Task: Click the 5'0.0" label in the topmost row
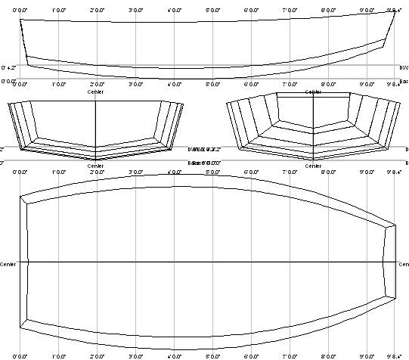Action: point(212,9)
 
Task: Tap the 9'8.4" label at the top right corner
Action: point(393,9)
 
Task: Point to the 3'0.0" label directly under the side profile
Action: point(136,84)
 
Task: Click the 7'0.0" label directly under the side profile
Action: point(290,84)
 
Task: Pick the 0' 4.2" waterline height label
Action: point(8,68)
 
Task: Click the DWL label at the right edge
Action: point(404,68)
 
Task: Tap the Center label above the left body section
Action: point(96,92)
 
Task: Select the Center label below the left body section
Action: point(96,165)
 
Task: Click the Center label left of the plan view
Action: point(8,265)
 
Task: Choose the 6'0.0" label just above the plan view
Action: point(251,172)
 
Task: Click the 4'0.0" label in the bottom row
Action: point(175,355)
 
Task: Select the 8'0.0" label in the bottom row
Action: point(328,355)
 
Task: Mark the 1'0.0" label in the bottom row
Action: point(59,355)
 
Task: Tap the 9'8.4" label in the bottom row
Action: point(393,355)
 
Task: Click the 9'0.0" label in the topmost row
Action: point(367,9)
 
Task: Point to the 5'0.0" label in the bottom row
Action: point(212,355)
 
